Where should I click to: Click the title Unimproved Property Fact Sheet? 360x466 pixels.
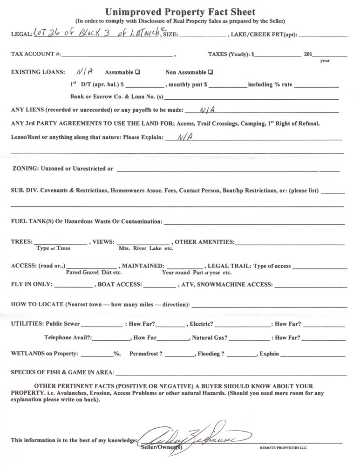180,12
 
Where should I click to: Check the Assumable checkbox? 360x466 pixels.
137,72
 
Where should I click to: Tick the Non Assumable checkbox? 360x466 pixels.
211,72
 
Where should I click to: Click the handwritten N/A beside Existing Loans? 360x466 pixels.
84,72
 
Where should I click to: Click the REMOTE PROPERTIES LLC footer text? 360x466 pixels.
283,448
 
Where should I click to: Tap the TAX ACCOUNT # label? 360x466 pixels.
35,54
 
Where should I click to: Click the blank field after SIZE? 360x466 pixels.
203,34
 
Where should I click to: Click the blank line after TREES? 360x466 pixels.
60,242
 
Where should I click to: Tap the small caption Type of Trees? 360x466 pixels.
54,248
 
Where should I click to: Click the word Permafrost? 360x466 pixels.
146,354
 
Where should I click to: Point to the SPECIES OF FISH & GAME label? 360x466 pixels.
62,372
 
